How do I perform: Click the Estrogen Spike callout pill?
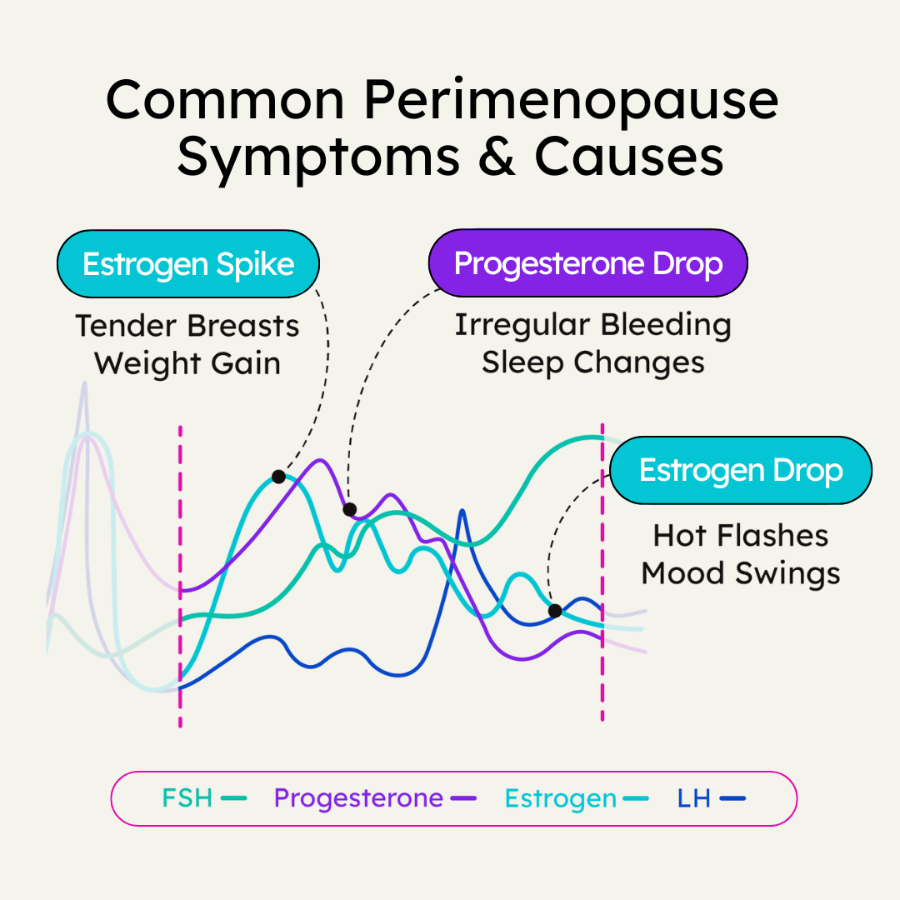[188, 264]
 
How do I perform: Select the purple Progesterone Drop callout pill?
[587, 264]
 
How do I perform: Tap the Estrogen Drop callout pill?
[741, 470]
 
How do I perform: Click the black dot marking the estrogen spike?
[278, 477]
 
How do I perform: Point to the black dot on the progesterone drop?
[350, 509]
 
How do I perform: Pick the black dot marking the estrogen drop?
[555, 611]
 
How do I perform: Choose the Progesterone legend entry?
[374, 798]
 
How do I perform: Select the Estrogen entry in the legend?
[576, 798]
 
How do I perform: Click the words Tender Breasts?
[187, 325]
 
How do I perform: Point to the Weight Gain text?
[187, 363]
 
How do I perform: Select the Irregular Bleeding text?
[592, 325]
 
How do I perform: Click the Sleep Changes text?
[592, 363]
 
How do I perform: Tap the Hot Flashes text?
[741, 535]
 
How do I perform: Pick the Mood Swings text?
[741, 573]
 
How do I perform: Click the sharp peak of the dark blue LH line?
[462, 511]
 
